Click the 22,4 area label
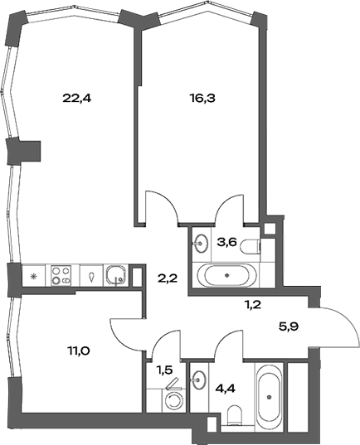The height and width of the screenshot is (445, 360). click(76, 97)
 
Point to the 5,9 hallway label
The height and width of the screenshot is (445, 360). click(288, 326)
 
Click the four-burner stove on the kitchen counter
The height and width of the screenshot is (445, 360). click(61, 274)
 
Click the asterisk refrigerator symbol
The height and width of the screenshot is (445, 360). click(33, 275)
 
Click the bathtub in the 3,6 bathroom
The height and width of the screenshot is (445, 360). click(227, 275)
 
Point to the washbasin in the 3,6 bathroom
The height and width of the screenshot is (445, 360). click(201, 244)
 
